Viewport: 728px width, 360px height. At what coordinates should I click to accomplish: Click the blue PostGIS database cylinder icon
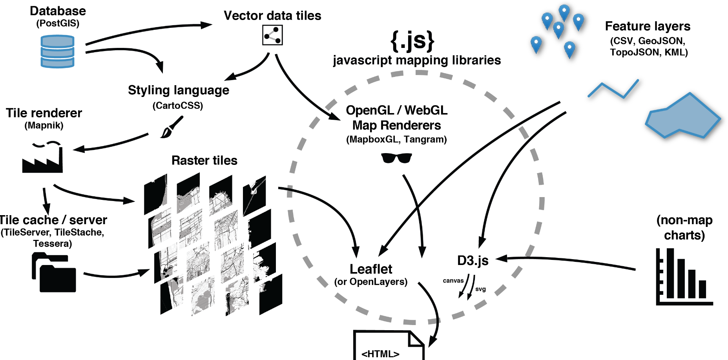pos(57,51)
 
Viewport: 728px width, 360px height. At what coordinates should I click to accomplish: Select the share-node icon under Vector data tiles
pos(272,35)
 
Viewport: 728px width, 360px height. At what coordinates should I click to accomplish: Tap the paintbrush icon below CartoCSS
pos(172,127)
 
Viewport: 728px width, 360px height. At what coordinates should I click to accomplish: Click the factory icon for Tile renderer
pos(42,158)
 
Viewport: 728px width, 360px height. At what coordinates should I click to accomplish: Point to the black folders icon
pos(54,272)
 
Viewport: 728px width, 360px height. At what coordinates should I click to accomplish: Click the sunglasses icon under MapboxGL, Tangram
pos(396,158)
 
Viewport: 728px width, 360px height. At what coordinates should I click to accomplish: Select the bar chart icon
pos(684,277)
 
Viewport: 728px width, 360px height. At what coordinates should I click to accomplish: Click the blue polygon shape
pos(683,116)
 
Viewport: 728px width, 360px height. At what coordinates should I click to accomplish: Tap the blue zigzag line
pos(613,89)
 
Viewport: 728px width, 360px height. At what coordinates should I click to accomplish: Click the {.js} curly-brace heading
pos(412,41)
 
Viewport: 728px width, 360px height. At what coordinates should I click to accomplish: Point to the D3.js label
pos(473,261)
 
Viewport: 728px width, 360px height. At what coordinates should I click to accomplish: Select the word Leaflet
pos(371,269)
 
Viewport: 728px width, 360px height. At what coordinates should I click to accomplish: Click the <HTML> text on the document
pos(380,354)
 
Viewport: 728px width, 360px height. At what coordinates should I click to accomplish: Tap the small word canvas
pos(453,281)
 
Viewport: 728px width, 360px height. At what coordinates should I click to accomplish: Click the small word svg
pos(480,289)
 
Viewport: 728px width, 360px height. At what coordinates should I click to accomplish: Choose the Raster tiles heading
pos(204,161)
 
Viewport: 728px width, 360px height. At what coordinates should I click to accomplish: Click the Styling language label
pos(179,90)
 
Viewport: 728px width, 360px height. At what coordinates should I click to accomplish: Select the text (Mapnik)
pos(44,126)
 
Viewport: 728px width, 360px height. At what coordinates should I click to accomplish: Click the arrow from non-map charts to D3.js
pos(569,261)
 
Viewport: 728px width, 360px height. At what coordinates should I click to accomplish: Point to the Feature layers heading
pos(648,26)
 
